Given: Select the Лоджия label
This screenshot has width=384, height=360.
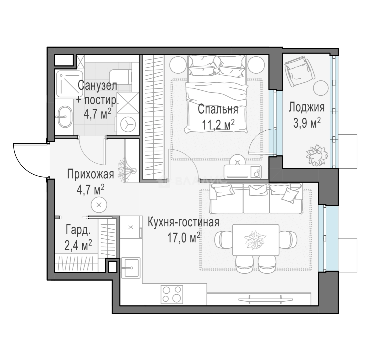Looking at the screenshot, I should tap(306, 107).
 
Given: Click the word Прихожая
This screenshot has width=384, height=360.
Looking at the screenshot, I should tap(90, 174).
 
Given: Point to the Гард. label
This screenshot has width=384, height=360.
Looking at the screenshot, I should tap(78, 230).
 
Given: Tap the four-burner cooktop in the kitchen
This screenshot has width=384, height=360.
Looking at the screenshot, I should tap(172, 294).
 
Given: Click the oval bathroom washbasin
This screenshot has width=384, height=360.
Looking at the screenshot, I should tap(63, 117).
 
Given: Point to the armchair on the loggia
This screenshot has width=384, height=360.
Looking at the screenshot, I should tap(299, 71).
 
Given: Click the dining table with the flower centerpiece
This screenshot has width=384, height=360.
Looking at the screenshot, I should tap(255, 240).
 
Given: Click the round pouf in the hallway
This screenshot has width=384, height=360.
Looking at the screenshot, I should tap(99, 204).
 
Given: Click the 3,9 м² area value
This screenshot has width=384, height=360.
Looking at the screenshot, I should tap(307, 123).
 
